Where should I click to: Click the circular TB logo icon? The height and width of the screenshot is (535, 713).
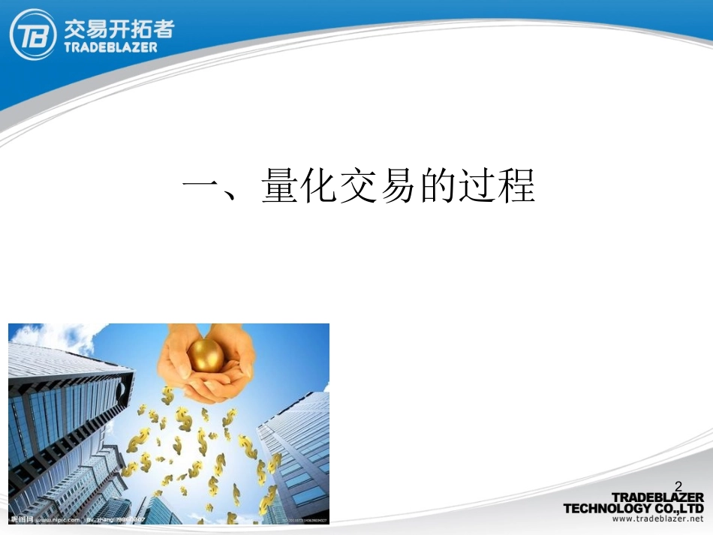(x=33, y=34)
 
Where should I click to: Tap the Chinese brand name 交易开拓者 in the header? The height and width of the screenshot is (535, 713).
(x=119, y=27)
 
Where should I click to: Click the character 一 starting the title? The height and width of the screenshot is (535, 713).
(x=202, y=186)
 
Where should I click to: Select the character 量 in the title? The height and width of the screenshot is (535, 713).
(x=281, y=186)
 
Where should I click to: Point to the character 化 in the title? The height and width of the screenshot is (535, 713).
(x=320, y=186)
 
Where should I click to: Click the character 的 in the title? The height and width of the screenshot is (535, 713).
(x=438, y=186)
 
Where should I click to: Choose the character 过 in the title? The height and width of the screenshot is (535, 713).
(x=477, y=186)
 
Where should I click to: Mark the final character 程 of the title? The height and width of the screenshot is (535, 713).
(x=517, y=186)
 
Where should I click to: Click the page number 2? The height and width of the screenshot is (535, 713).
(x=678, y=486)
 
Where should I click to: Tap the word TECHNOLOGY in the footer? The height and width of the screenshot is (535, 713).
(x=609, y=508)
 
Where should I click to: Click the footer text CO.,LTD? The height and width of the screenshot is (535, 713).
(x=679, y=508)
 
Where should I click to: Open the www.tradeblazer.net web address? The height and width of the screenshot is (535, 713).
(x=658, y=518)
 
